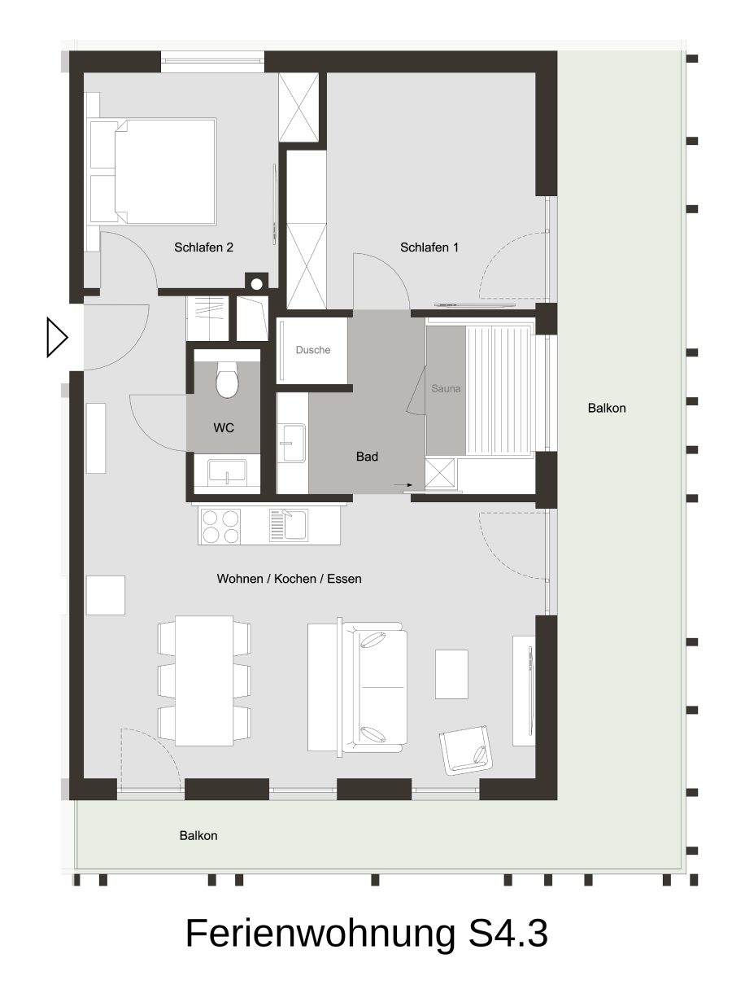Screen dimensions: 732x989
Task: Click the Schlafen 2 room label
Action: click(x=203, y=247)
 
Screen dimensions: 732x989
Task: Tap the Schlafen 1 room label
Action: click(x=429, y=247)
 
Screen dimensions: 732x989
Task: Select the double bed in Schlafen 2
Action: click(x=153, y=171)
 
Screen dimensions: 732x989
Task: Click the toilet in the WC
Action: click(x=227, y=379)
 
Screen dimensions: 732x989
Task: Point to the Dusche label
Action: click(x=313, y=350)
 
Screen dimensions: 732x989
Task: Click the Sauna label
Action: click(x=446, y=388)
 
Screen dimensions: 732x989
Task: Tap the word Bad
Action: click(x=367, y=457)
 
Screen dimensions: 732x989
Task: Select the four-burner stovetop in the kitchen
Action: click(x=220, y=527)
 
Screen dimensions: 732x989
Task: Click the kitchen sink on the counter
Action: click(x=288, y=526)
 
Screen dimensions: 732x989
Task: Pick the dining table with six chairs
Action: click(x=204, y=680)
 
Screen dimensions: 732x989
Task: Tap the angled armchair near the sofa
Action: click(x=465, y=751)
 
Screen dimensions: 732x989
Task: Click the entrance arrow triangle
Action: click(x=57, y=337)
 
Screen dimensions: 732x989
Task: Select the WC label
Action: click(x=224, y=427)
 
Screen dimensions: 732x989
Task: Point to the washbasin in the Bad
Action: click(x=291, y=443)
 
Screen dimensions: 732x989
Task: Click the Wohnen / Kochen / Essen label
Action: click(x=289, y=579)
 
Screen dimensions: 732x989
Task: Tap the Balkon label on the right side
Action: click(x=607, y=408)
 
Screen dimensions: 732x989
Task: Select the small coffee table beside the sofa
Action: click(x=451, y=674)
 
